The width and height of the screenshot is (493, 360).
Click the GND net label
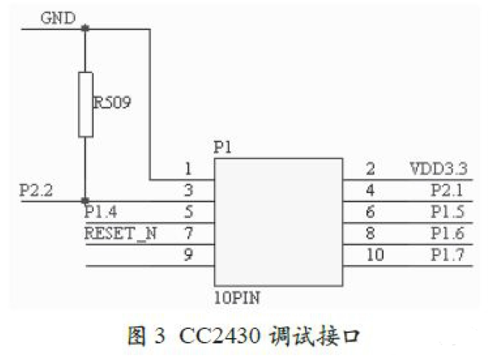click(x=57, y=17)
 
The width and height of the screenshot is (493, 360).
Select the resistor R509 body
click(x=85, y=104)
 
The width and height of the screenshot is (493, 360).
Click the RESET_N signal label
click(x=121, y=232)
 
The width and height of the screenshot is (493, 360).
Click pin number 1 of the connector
click(x=188, y=168)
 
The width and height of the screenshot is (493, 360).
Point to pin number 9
click(x=188, y=255)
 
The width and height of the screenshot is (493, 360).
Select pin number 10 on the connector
click(x=374, y=255)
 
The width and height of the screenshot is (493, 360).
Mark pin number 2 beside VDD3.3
click(x=370, y=168)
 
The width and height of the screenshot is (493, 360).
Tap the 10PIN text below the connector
click(x=237, y=297)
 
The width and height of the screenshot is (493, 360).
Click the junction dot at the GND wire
click(x=85, y=29)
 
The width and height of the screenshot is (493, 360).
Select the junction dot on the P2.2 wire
click(x=85, y=202)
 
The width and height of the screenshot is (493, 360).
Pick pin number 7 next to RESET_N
click(x=188, y=232)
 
